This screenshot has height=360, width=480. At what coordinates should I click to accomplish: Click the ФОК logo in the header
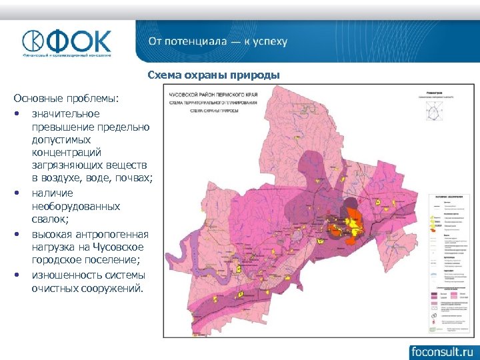tap(67, 43)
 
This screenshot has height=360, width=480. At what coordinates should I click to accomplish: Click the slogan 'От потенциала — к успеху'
tap(218, 41)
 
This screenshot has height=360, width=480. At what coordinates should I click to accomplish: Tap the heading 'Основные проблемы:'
tap(66, 99)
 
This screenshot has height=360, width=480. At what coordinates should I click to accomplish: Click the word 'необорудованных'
tap(76, 207)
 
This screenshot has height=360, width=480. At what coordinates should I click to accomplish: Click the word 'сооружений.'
tap(105, 289)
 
